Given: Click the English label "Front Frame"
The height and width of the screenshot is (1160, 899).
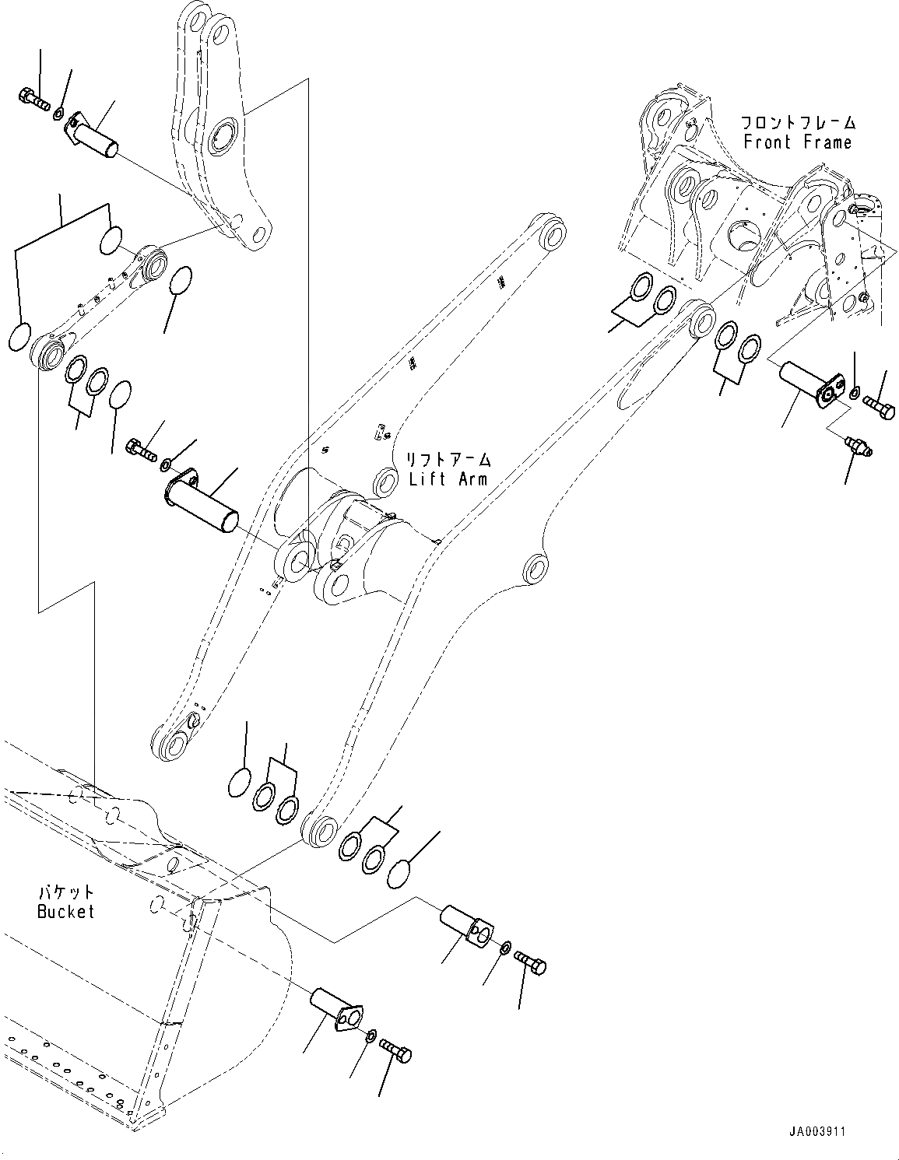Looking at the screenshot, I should point(797,142).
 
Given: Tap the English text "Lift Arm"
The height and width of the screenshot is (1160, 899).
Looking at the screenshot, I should point(448,478).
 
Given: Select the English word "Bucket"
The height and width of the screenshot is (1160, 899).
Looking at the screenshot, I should point(65,911).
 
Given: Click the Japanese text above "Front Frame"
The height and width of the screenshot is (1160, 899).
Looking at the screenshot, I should point(797,123).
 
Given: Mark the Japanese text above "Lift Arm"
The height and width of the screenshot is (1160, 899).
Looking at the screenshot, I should point(448,460).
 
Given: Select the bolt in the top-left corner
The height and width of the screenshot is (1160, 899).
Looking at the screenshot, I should point(33,99).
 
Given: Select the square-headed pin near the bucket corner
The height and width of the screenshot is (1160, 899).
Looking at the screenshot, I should point(467,923).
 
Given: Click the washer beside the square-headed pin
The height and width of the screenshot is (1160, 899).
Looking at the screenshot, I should point(505,948).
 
